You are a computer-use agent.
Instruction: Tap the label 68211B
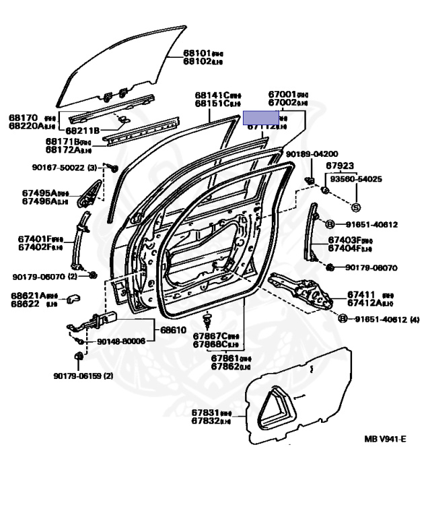click(x=83, y=130)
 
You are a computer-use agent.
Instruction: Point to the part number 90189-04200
click(x=312, y=153)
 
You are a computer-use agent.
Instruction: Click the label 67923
click(x=340, y=165)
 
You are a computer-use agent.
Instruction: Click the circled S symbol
click(x=356, y=207)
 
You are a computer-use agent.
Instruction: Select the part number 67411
click(x=362, y=295)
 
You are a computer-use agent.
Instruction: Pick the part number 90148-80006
click(x=121, y=341)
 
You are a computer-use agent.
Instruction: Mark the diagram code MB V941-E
click(x=386, y=439)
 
